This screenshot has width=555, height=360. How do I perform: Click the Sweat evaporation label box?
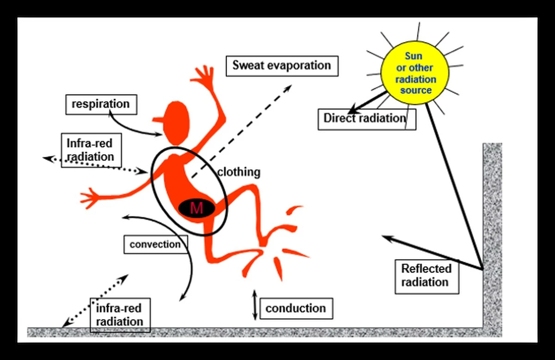click(282, 66)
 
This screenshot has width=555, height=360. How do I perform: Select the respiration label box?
click(101, 105)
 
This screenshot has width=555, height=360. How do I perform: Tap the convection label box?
click(155, 244)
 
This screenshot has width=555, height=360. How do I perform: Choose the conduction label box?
click(296, 309)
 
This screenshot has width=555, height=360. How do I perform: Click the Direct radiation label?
click(367, 119)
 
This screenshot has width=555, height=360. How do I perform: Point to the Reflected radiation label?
click(427, 276)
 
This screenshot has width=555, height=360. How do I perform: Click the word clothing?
click(239, 172)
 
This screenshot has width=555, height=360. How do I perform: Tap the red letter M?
click(197, 208)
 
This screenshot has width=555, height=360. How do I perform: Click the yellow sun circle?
click(415, 73)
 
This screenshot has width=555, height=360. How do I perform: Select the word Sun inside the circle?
click(413, 56)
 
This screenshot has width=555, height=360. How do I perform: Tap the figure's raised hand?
click(203, 75)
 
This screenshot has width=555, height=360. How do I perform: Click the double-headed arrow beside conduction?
click(255, 305)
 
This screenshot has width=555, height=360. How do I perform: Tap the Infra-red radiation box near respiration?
click(91, 150)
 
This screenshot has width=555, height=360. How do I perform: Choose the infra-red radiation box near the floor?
click(120, 315)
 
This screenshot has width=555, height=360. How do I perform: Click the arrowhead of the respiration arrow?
click(159, 134)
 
